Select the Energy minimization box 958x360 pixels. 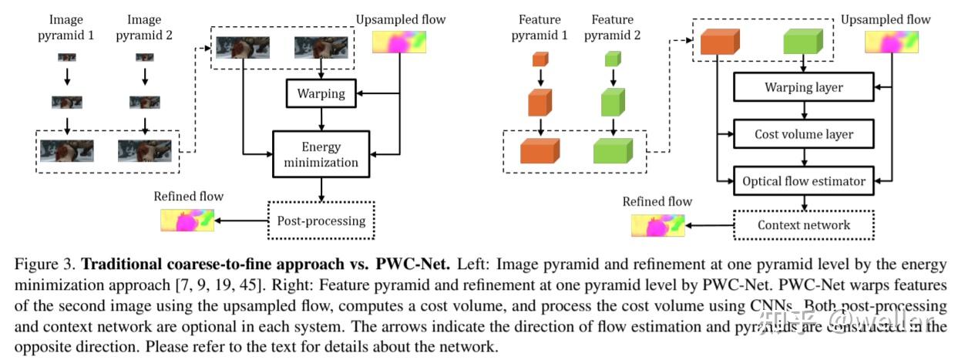[321, 154]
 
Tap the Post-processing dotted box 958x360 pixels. [321, 220]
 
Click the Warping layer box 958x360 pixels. [803, 87]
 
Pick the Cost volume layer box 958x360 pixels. [803, 134]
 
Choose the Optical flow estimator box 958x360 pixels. [804, 182]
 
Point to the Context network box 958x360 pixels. [803, 225]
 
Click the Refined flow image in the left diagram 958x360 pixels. [187, 220]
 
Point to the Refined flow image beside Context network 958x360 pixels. [657, 225]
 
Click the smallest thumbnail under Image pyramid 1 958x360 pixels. [67, 56]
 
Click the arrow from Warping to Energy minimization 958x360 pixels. [321, 118]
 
